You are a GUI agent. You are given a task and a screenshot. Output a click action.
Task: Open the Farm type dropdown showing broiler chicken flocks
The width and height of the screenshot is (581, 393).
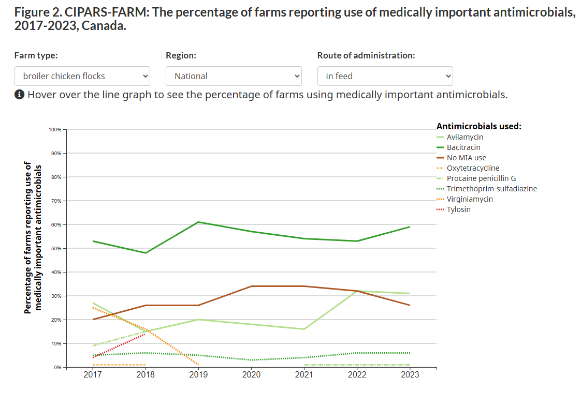coord(82,76)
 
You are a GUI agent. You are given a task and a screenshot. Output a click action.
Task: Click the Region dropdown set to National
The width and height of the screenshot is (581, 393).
coord(233,76)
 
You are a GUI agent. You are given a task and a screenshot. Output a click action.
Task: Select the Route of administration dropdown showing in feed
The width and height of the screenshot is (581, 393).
coord(385,76)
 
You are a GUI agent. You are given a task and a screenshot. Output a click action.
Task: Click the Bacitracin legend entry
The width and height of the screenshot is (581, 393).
coord(463,147)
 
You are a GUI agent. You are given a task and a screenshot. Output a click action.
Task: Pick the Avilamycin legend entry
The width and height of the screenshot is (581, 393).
coord(464,137)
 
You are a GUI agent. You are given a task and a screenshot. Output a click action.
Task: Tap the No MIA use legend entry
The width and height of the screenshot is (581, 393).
coord(466,158)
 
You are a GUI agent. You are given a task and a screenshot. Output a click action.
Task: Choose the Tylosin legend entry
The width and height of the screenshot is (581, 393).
coord(458,209)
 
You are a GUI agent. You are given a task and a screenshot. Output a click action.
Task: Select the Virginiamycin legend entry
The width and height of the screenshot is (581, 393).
coord(470,199)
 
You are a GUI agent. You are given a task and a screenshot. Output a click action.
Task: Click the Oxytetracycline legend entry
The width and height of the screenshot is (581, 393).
coord(473,168)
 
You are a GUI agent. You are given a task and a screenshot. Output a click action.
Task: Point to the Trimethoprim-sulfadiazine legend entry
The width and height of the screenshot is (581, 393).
coord(491,189)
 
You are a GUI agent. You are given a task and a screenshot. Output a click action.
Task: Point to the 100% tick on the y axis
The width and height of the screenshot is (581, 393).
coord(55,129)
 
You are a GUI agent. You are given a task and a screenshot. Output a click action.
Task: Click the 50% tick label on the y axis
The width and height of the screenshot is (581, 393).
coord(56,248)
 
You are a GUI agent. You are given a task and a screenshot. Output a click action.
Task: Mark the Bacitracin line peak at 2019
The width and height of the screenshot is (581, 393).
coord(198,222)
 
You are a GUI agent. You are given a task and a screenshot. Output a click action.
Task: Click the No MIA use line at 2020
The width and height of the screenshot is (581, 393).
coord(251,286)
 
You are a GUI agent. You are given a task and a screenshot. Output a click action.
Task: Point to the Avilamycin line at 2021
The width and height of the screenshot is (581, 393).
coord(304,329)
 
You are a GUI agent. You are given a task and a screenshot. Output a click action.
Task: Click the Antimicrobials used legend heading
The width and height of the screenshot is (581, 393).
coord(478,126)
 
